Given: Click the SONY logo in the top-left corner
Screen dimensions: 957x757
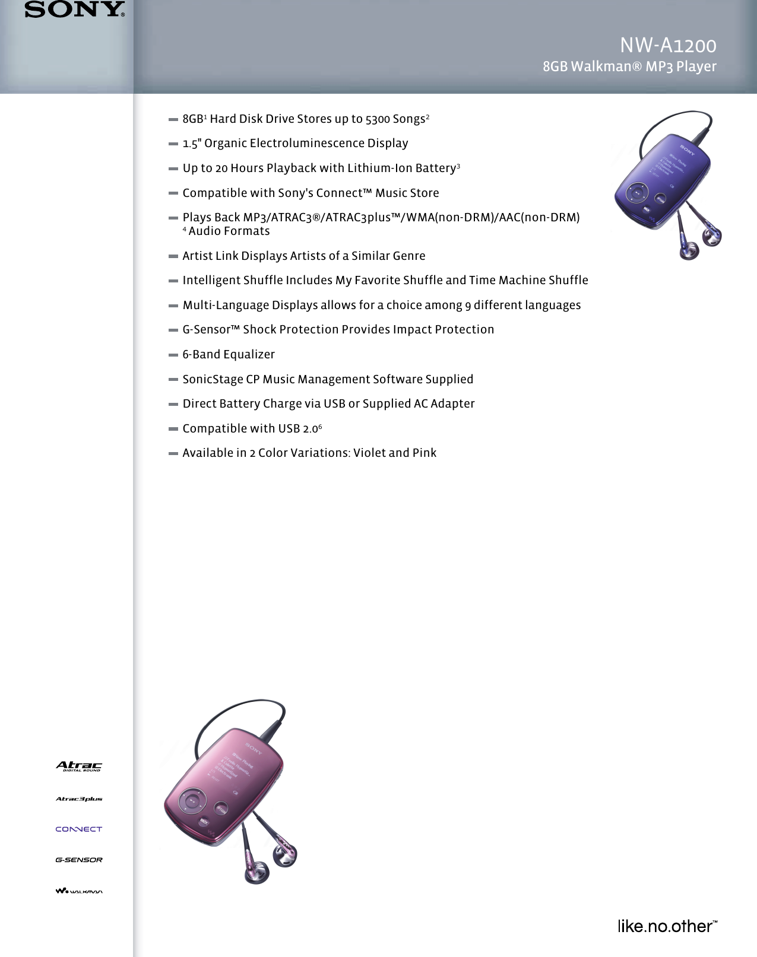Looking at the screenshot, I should coord(74,10).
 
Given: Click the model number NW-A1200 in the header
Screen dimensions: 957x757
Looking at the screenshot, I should coord(668,45).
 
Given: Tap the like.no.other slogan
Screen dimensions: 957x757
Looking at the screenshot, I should coord(667,926).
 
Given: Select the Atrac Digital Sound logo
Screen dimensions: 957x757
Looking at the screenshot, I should coord(79,766).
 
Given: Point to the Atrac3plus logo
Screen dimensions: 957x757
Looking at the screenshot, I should coord(79,799).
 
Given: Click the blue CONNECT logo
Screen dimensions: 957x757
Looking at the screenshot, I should coord(79,829).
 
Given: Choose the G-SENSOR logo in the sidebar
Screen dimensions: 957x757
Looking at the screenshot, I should coord(79,860).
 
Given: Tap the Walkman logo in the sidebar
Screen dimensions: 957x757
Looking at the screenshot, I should coord(79,891).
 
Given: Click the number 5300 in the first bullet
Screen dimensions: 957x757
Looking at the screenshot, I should coord(378,119).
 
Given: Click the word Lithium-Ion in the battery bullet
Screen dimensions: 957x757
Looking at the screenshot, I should coord(380,168).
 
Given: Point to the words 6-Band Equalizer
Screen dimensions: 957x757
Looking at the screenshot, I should coord(229,355).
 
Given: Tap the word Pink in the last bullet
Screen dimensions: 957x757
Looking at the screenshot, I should coord(425,453).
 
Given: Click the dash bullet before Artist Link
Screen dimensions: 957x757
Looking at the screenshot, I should coord(173,256).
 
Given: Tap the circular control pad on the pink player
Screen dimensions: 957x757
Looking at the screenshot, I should coord(192,801).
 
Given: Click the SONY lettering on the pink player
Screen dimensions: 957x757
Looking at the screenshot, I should coord(254,748).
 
